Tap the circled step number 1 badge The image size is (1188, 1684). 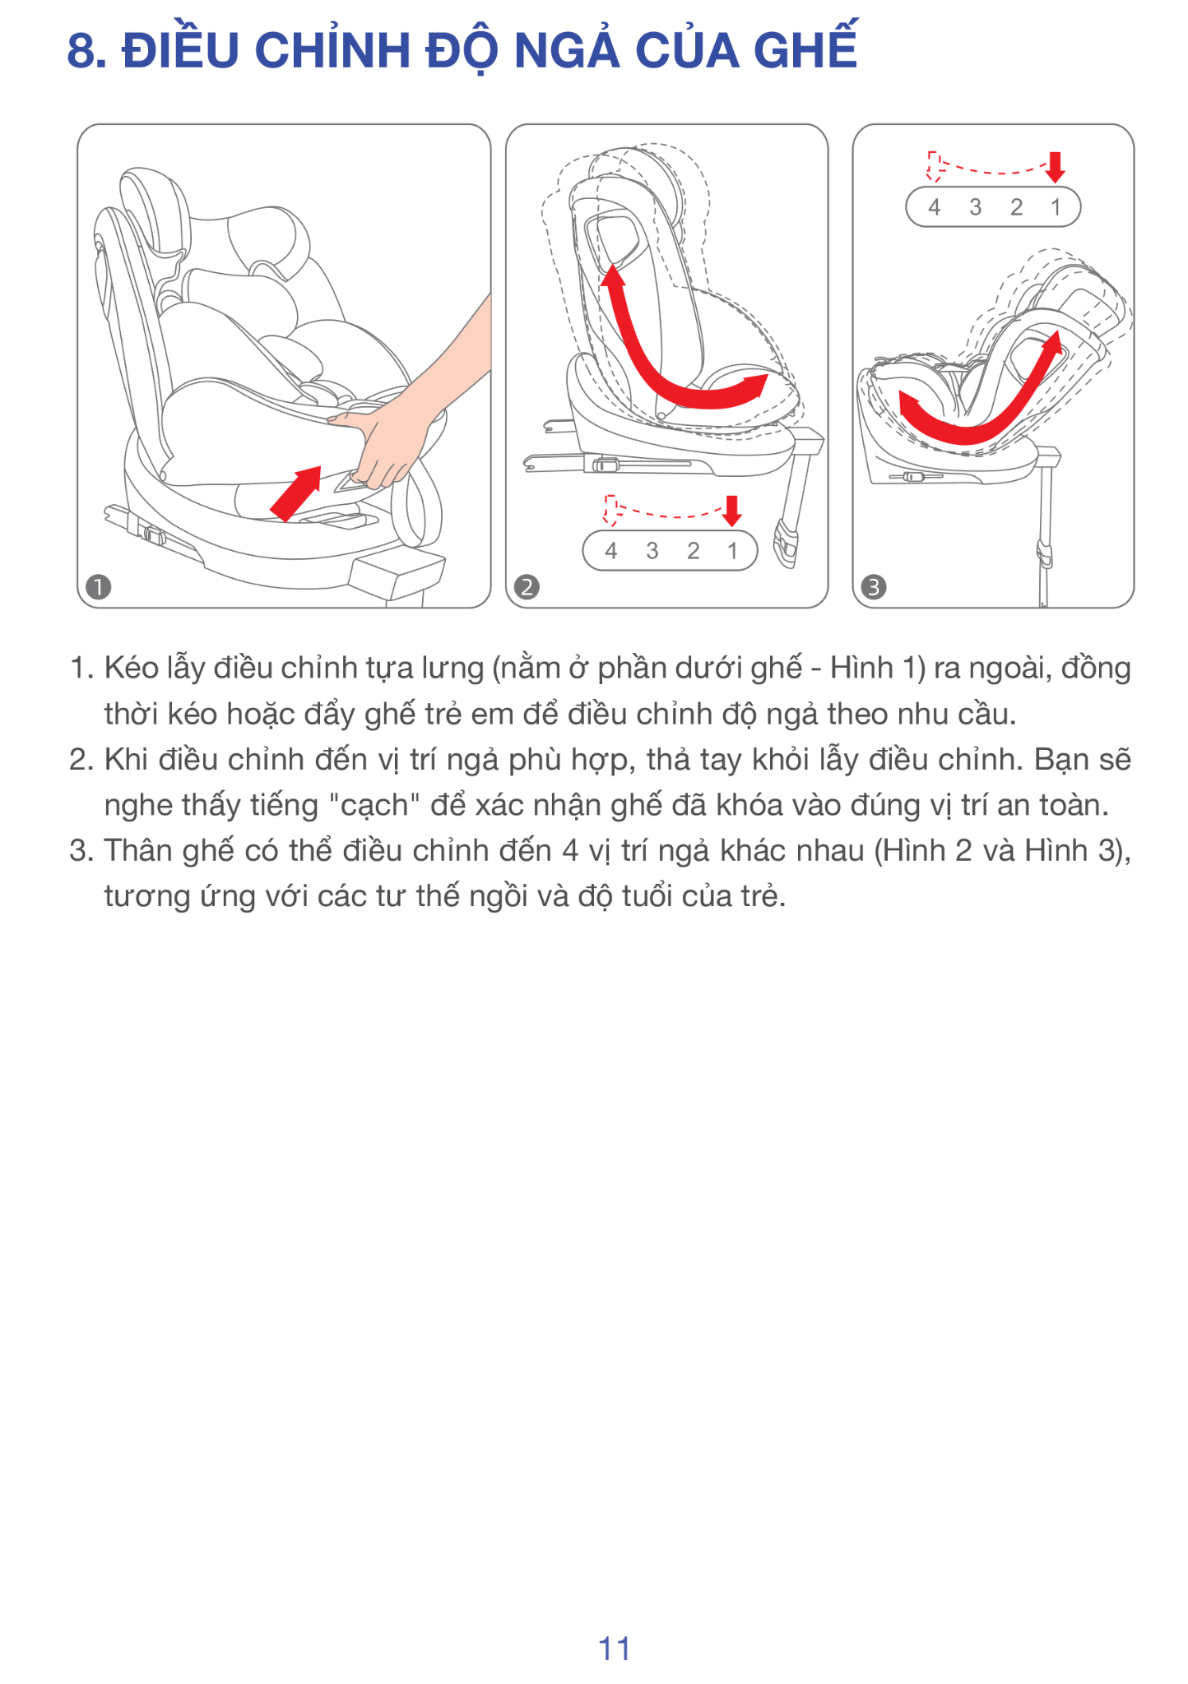coord(99,587)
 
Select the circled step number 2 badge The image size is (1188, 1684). coord(527,587)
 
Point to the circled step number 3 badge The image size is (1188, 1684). coord(873,587)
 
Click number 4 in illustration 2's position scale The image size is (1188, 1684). coord(610,551)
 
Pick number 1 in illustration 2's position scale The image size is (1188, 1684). coord(732,551)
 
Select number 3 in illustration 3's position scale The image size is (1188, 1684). coord(975,207)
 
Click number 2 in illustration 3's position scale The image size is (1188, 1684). coord(1016,207)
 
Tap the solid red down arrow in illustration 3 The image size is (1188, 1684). coord(1056,167)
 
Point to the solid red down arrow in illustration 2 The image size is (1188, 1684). coord(732,511)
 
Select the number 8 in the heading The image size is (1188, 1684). coord(80,51)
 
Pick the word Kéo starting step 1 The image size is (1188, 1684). coord(132,668)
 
